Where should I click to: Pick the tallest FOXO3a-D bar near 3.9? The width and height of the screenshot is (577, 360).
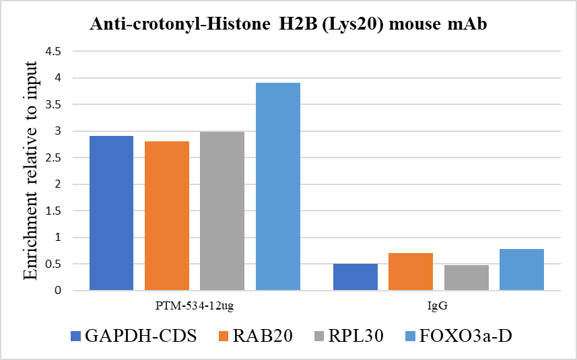tap(277, 186)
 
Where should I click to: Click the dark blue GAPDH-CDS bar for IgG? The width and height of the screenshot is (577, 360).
tap(355, 277)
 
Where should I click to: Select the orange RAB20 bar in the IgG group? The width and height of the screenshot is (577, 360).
tap(411, 271)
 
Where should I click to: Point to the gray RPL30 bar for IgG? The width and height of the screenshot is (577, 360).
tap(466, 277)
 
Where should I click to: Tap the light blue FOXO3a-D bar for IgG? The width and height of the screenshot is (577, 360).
tap(521, 269)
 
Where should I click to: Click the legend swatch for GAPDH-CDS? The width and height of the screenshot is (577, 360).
tap(75, 336)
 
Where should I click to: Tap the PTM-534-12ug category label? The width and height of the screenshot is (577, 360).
tap(195, 305)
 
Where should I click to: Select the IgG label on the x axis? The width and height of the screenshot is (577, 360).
tap(438, 305)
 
